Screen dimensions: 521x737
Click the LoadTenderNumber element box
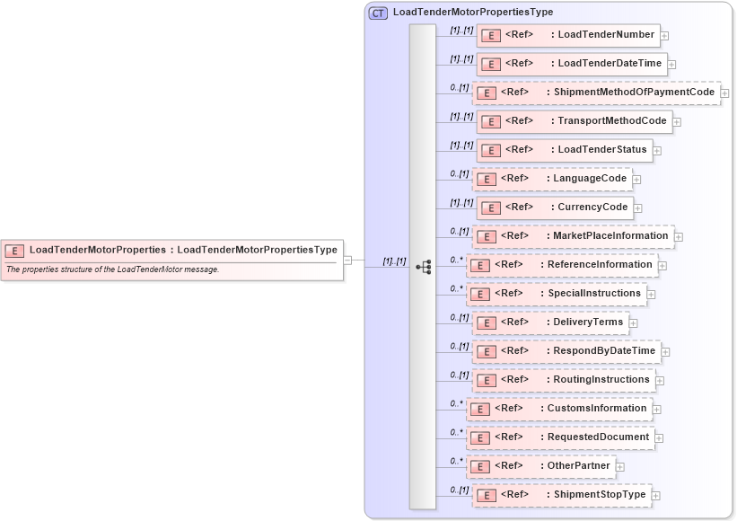point(568,36)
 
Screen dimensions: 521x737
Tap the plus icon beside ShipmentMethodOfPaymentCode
point(724,93)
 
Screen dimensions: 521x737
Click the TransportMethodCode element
point(575,121)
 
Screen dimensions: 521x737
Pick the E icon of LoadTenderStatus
point(490,150)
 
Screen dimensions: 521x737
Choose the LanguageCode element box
point(551,179)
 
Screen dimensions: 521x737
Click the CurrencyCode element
point(555,208)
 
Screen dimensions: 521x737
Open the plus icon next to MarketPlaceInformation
point(679,237)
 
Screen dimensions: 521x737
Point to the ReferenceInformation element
point(562,265)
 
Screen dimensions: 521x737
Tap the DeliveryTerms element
point(550,322)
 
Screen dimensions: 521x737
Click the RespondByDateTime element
point(566,351)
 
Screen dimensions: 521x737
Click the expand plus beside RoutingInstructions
point(660,381)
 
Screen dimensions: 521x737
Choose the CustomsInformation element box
point(558,409)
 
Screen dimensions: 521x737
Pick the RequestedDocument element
point(560,437)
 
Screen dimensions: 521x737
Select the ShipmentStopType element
point(561,495)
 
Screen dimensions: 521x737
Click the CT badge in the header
point(379,13)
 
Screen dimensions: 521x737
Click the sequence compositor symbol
point(424,267)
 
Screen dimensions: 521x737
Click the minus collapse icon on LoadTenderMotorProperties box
point(347,260)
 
